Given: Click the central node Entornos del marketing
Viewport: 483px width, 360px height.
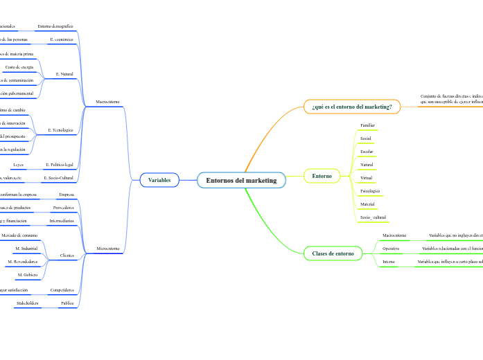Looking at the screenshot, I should (x=241, y=181).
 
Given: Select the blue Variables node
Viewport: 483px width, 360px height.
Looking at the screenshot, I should (x=159, y=180).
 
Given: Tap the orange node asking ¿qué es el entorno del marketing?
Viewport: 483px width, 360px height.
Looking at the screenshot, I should (x=352, y=107).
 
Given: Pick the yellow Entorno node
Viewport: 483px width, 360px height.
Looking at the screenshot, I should (x=322, y=176).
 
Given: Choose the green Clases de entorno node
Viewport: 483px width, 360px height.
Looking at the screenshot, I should (x=333, y=254).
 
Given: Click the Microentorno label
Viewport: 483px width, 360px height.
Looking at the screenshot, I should (x=107, y=248).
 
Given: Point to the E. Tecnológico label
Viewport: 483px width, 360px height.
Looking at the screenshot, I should (x=60, y=130).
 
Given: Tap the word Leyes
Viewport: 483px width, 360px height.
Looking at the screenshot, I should (x=19, y=165).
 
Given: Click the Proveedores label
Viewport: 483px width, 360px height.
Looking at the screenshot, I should (x=63, y=208).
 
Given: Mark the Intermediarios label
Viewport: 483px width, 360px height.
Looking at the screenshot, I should (x=61, y=221).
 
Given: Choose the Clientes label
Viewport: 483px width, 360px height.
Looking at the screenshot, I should (x=67, y=255).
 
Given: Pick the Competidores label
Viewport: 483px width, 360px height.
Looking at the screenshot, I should (x=62, y=289).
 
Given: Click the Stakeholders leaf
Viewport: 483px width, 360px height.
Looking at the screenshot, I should (x=26, y=303).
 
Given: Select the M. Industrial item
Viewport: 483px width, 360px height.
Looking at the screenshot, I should (x=26, y=248).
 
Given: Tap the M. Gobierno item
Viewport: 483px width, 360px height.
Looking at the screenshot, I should (x=27, y=275).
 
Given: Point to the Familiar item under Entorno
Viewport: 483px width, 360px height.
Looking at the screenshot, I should (x=368, y=125).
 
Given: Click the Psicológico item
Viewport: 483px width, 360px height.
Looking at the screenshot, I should (x=370, y=190).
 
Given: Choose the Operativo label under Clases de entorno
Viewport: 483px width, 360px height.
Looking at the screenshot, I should (x=391, y=248).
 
